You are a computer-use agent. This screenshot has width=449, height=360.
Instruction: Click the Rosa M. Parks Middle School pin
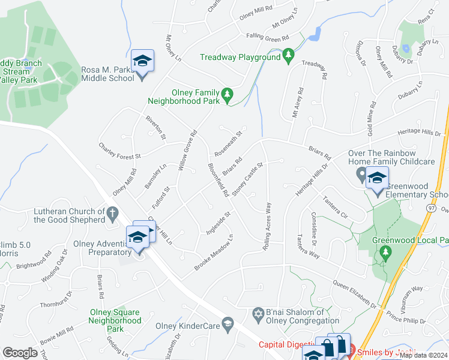[x=142, y=62]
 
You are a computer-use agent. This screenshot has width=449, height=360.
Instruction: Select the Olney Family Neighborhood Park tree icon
[x=227, y=94]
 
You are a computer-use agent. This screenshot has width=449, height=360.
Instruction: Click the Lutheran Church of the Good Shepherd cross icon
[x=112, y=213]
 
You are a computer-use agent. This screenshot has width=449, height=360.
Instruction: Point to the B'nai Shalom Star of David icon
[x=258, y=314]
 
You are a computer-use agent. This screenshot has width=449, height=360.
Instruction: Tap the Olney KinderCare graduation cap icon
[x=228, y=325]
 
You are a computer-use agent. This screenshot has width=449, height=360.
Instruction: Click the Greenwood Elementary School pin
[x=378, y=180]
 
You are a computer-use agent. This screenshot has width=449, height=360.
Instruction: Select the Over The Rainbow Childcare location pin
[x=361, y=175]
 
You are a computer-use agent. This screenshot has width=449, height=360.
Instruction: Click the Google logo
[x=20, y=352]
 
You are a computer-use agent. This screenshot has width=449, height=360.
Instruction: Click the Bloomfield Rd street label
[x=217, y=179]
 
